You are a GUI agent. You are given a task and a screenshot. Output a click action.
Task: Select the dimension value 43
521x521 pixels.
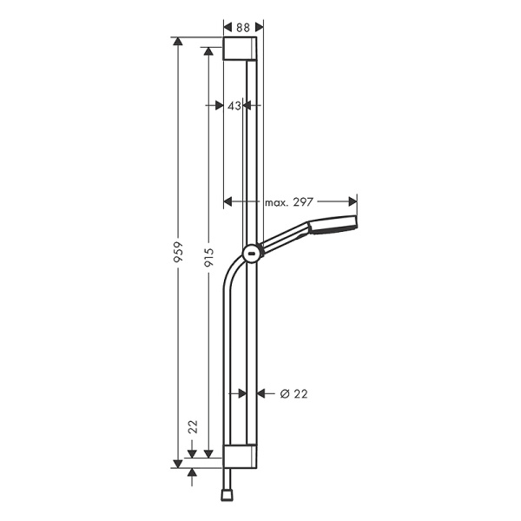[234, 105]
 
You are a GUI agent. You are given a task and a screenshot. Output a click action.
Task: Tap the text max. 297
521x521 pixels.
[289, 201]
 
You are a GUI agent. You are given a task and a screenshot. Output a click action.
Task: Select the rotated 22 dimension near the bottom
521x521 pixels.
[194, 426]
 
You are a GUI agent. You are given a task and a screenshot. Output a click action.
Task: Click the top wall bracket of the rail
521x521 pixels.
[241, 49]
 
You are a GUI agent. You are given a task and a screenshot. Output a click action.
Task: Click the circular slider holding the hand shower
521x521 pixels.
[251, 254]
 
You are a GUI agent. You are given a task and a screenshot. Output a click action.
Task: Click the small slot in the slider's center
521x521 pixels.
[251, 254]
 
